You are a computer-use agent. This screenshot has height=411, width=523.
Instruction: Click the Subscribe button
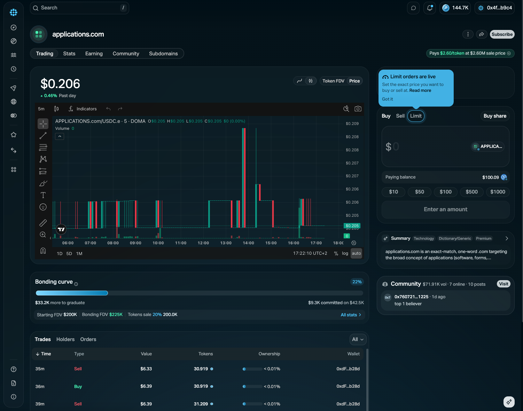[x=502, y=34]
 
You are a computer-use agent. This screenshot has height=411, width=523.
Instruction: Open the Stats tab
[x=69, y=54]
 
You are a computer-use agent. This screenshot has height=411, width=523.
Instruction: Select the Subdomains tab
[x=163, y=54]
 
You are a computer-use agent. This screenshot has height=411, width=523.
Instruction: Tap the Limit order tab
[x=416, y=116]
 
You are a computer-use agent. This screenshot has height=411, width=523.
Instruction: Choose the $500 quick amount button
[x=471, y=192]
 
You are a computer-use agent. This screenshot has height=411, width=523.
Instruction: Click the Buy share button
[x=495, y=116]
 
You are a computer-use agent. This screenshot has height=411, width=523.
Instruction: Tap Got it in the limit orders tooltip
[x=388, y=99]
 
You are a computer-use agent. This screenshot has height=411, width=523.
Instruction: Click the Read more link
[x=420, y=90]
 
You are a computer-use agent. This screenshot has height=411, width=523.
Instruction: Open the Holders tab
[x=65, y=339]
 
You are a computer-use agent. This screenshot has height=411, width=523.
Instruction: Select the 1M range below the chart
[x=79, y=253]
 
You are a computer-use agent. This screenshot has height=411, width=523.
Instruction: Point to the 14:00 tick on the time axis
[x=248, y=243]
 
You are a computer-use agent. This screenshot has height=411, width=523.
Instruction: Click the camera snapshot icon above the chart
[x=358, y=109]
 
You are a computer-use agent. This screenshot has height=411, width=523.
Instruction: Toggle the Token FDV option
[x=333, y=81]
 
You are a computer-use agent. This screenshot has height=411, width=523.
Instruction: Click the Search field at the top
[x=79, y=8]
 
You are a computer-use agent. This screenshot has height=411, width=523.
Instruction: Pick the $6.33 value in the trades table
[x=146, y=369]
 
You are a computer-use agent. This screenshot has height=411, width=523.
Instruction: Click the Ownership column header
[x=269, y=354]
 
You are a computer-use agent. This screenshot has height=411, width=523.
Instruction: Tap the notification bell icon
[x=430, y=8]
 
